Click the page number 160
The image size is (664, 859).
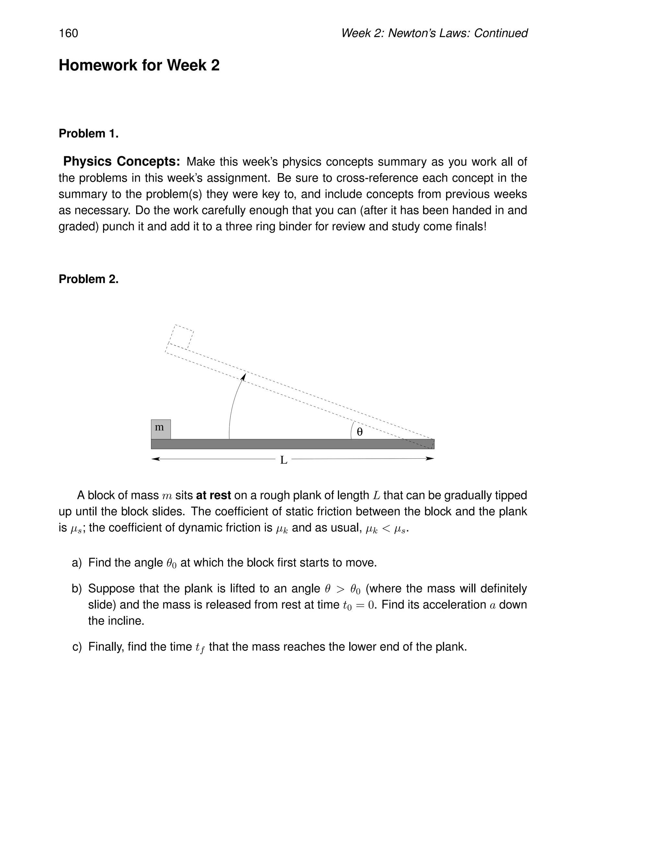point(68,33)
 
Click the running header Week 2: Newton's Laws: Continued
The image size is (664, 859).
point(434,33)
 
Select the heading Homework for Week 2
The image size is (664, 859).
point(139,65)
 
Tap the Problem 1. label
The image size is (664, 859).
point(89,134)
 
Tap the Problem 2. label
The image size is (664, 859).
point(89,279)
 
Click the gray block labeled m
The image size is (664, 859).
point(160,429)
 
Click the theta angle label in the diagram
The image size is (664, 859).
point(360,432)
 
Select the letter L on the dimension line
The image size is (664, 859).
point(284,460)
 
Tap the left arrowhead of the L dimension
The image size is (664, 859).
point(155,459)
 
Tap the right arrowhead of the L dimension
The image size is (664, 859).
point(430,459)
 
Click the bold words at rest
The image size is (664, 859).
point(213,495)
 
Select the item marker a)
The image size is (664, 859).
point(77,563)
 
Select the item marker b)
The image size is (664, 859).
point(77,589)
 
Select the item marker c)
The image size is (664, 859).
point(77,647)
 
